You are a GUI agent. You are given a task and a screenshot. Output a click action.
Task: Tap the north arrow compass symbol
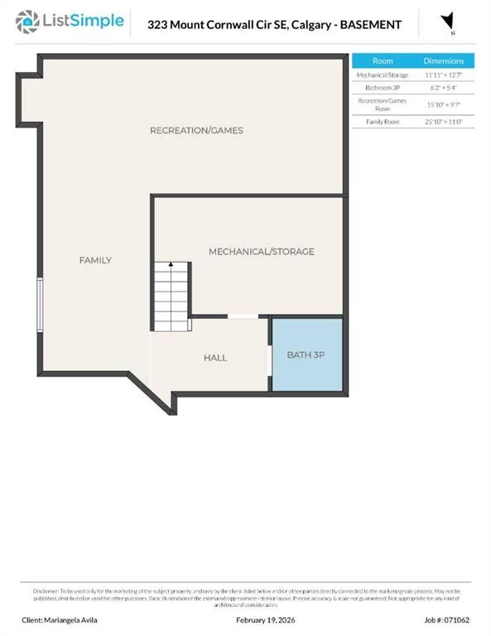[448, 23]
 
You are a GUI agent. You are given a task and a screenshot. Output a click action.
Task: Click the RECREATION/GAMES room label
[196, 131]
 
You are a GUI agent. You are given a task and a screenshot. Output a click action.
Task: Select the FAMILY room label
[95, 260]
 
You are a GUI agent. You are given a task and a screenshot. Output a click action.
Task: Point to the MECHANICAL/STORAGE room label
[261, 252]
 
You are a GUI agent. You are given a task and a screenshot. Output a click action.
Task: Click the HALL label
[215, 358]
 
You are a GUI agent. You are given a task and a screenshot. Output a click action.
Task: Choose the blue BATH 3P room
[307, 356]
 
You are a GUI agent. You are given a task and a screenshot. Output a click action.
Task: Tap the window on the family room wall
[39, 306]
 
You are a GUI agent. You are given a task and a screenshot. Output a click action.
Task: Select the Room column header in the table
[383, 61]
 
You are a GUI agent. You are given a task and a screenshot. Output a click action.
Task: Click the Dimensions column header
[444, 61]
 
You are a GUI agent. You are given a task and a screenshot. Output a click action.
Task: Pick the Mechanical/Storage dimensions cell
[444, 75]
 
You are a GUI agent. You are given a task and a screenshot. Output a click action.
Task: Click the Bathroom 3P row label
[383, 87]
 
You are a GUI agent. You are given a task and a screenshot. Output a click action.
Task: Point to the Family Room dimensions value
[444, 122]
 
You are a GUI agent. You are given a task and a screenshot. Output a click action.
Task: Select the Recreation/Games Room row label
[383, 104]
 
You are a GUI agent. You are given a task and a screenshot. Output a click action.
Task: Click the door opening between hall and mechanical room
[242, 316]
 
